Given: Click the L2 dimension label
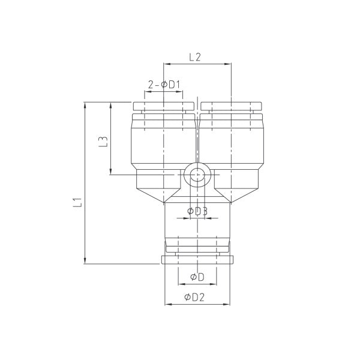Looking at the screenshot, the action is point(195,57).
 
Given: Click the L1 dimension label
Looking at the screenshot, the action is point(77,202).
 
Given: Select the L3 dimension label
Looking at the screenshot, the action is point(103,142).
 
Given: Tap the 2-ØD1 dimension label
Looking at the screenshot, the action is point(164,85).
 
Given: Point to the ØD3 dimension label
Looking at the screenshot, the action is point(197,211).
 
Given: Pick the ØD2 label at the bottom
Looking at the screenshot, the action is point(194,298).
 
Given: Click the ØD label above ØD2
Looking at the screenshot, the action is point(197,277).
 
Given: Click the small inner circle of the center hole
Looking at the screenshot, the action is point(197,175).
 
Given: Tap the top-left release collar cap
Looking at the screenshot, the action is point(164,106).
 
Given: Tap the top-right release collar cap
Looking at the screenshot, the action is point(231,106).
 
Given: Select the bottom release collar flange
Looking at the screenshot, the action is point(197,260).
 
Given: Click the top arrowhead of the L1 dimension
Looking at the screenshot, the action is point(85,106).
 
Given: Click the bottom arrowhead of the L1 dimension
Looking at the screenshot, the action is point(85,260).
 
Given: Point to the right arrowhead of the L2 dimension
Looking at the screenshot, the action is point(228,64).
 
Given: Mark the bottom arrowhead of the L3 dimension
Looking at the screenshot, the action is point(110,171).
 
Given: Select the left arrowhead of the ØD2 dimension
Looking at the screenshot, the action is point(168,304).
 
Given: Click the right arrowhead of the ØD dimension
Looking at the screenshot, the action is point(213,284).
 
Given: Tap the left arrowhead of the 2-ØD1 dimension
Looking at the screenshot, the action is point(148,91).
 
